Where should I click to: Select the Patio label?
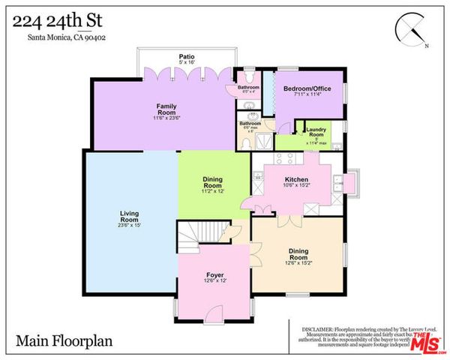(x=187, y=56)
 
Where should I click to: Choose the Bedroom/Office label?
(x=307, y=88)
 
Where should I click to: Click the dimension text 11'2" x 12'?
(x=214, y=191)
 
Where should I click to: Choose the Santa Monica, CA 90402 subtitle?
(x=55, y=39)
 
